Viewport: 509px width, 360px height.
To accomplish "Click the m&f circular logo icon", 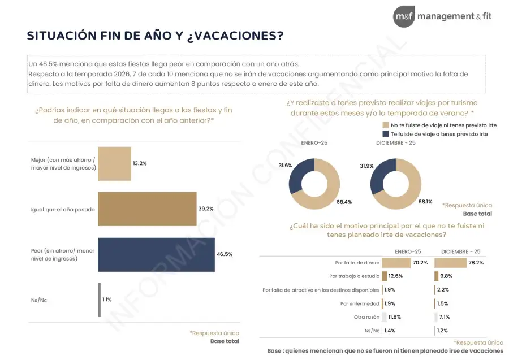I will click(404, 16).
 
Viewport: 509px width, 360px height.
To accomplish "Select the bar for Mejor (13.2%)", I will click(114, 163).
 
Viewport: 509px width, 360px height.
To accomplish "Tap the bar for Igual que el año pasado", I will click(147, 209).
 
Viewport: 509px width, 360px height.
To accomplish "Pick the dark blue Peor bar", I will click(156, 254).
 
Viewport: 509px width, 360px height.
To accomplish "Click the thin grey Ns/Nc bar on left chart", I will click(100, 300).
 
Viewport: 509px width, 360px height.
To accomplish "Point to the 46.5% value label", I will click(225, 254).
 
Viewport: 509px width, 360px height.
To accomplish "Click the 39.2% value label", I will click(206, 209).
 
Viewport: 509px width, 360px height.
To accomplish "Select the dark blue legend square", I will click(386, 134).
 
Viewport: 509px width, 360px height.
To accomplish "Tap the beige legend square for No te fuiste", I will click(386, 124).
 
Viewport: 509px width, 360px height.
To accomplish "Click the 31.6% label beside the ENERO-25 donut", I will click(285, 165).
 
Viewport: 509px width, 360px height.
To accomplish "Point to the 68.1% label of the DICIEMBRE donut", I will click(426, 201).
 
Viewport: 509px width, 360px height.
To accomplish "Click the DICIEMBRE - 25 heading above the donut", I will click(396, 142).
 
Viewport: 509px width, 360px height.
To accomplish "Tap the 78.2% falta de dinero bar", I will click(450, 263).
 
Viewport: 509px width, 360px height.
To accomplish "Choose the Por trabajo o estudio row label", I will click(354, 276).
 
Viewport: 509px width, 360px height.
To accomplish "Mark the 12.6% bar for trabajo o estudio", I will click(384, 276).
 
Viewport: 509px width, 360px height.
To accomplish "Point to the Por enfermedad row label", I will click(360, 303).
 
